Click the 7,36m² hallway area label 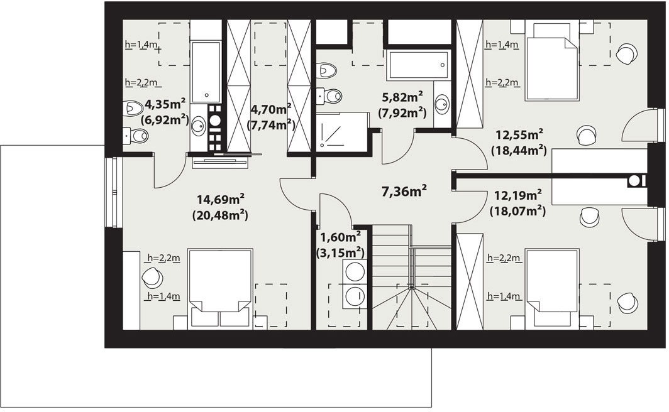pos(404,192)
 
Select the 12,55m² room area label pos(519,135)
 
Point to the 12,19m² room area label pos(518,195)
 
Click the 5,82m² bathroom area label pos(402,97)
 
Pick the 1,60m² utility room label pos(341,237)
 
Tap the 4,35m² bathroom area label pos(165,104)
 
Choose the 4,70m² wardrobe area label pos(271,109)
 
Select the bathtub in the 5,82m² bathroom pos(419,65)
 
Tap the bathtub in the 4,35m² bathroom pos(206,72)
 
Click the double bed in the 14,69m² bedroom pos(220,290)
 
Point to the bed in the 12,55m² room pos(551,62)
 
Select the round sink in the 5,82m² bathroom pos(443,104)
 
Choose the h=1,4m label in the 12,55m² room pos(502,45)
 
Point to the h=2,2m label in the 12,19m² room pos(504,257)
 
